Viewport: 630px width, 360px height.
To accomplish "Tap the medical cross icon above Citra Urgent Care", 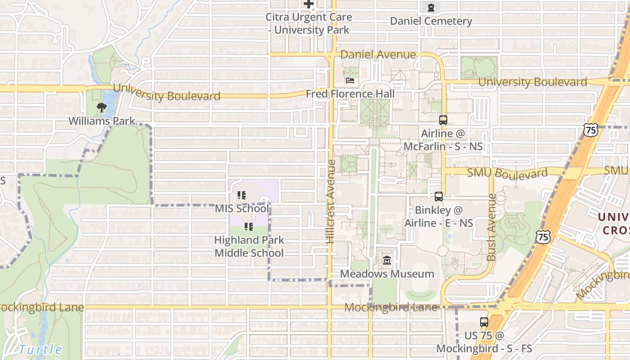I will coord(308,4).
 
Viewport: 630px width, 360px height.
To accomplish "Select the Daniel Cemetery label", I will coord(431,21).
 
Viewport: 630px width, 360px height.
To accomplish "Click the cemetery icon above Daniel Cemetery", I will coord(431,7).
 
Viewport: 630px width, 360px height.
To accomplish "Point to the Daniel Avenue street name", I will coord(378,54).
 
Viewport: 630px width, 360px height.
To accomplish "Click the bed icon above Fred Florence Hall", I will coord(350,81).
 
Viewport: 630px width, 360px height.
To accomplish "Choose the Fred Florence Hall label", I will coord(350,94).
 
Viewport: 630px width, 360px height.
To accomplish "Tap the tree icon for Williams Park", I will coord(102,108).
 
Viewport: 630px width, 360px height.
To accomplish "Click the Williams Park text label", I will coord(102,121).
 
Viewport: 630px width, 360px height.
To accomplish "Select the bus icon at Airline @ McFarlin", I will coord(443,120).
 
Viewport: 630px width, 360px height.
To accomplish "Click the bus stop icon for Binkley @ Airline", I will coord(439,197).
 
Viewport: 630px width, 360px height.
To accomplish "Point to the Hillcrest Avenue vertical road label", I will coord(331,202).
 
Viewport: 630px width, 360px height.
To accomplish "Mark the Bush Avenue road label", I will coord(491,227).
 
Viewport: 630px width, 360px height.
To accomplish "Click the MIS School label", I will coord(242,208).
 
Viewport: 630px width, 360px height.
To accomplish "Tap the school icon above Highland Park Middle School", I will coord(248,227).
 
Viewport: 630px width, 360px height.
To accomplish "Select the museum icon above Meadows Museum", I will coord(387,261).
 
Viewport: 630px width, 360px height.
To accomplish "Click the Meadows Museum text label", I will coord(387,274).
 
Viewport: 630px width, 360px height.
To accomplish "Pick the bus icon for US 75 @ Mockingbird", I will coord(484,322).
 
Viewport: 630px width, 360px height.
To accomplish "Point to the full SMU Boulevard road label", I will coord(508,173).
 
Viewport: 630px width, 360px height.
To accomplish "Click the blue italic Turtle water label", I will coord(40,349).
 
